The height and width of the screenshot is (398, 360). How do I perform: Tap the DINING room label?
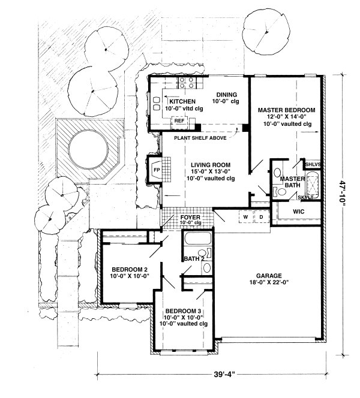click(x=227, y=95)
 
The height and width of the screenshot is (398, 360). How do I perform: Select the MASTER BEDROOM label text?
click(x=286, y=111)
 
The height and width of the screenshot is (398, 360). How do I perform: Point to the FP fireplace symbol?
click(x=156, y=170)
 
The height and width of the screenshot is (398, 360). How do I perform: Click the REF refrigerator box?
click(x=179, y=121)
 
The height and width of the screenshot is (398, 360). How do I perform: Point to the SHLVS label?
click(x=313, y=164)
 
